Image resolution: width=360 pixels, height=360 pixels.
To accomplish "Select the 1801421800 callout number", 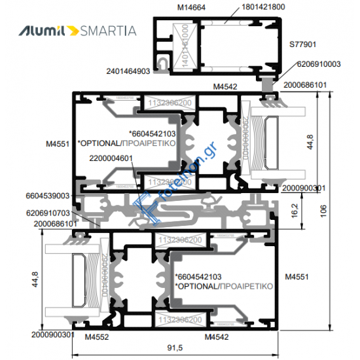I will click(245, 8).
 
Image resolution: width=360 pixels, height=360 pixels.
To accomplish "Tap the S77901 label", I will click(303, 45).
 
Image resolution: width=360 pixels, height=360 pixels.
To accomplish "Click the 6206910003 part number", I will click(319, 64).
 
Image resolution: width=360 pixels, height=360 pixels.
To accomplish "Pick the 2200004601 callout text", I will click(111, 158).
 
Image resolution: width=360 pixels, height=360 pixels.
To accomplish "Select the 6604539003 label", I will click(48, 196).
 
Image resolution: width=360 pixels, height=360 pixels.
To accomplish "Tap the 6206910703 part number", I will click(48, 213).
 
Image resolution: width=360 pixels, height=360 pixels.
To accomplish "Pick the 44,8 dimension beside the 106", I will click(319, 140).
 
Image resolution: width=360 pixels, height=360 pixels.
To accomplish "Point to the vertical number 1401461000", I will click(185, 45).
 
